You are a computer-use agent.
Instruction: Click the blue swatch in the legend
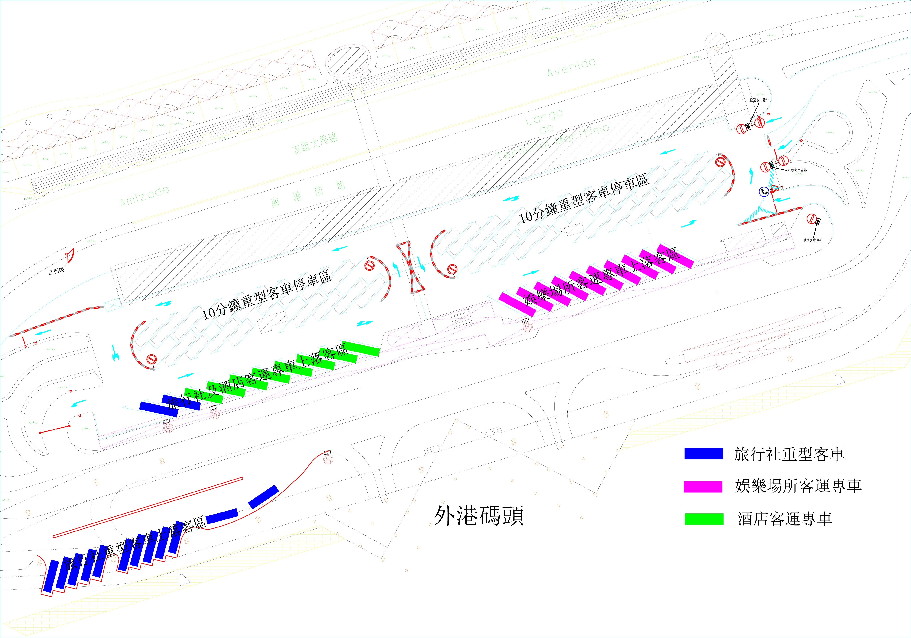pyautogui.click(x=704, y=453)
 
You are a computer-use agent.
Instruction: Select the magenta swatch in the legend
pyautogui.click(x=703, y=487)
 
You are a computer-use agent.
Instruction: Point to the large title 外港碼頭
pyautogui.click(x=479, y=516)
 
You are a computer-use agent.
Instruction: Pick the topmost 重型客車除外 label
pyautogui.click(x=759, y=100)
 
